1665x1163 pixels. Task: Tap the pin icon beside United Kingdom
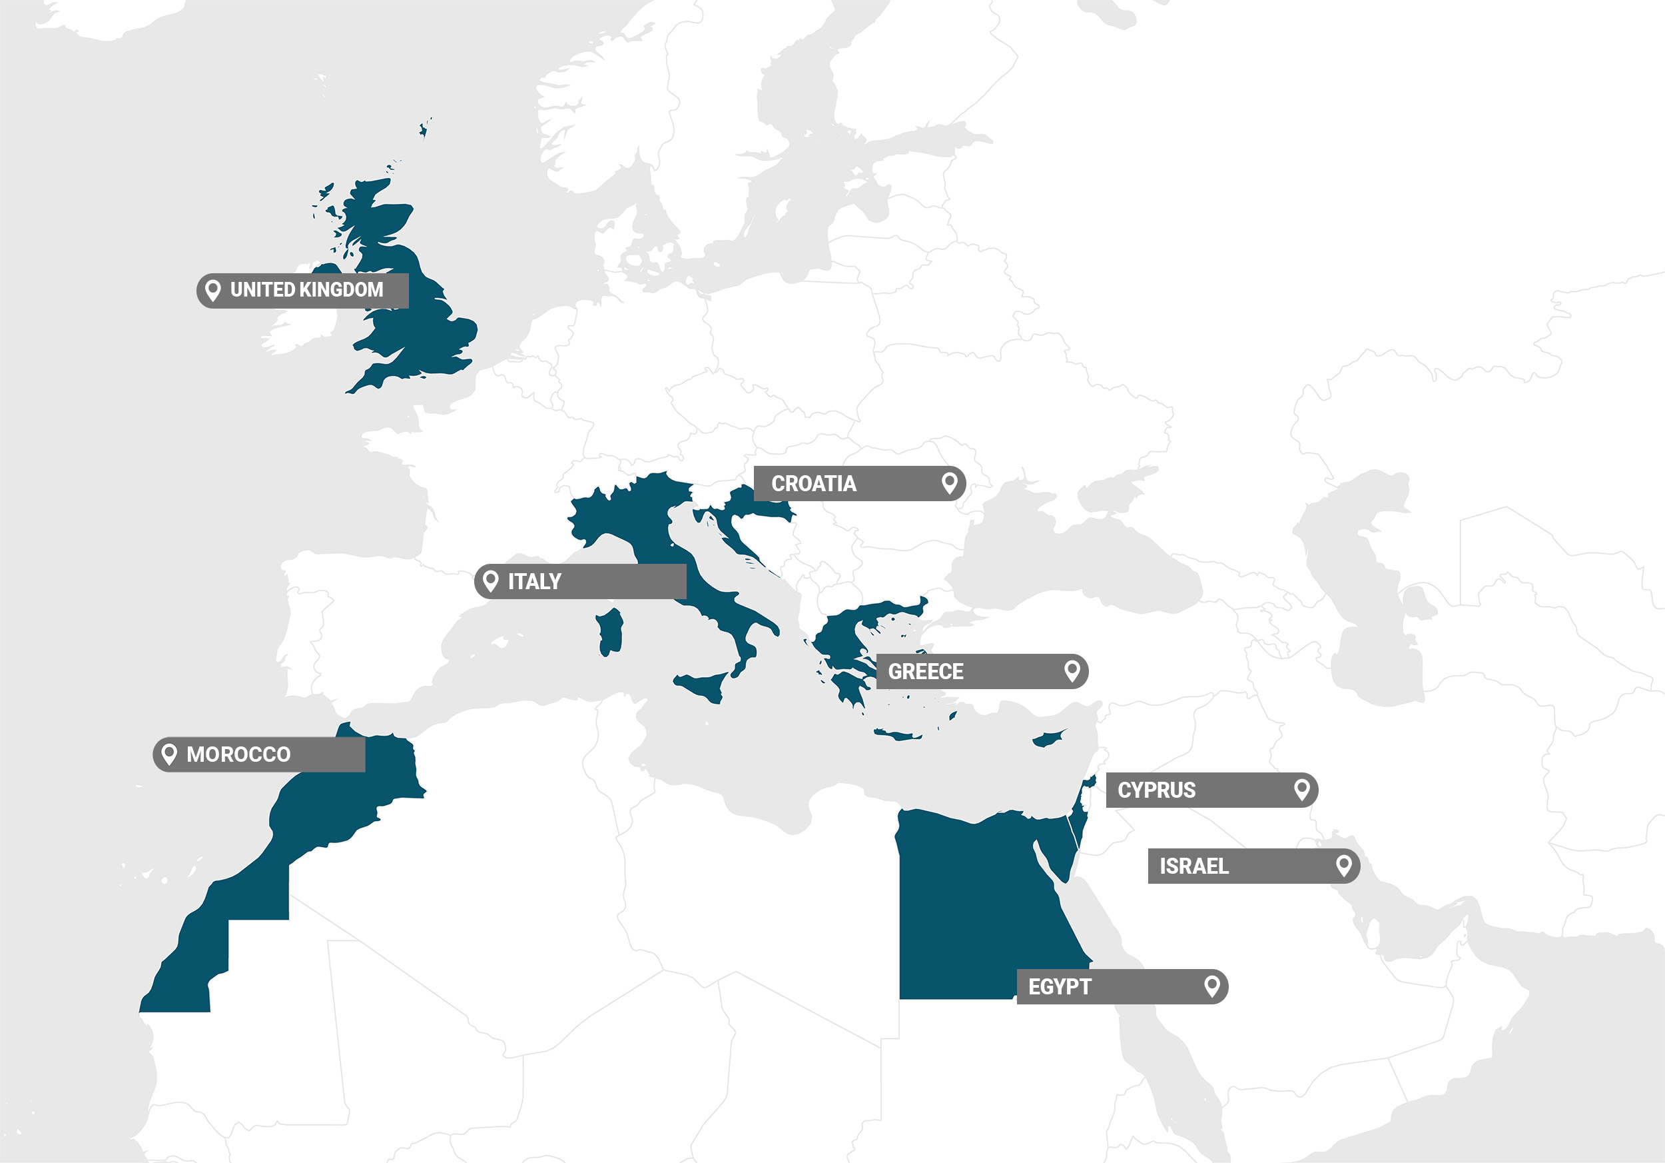[212, 290]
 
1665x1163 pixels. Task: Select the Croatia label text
[814, 484]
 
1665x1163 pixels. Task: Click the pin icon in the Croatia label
[949, 483]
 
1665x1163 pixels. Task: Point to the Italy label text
[534, 582]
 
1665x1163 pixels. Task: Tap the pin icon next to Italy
[491, 581]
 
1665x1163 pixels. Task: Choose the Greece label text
[926, 672]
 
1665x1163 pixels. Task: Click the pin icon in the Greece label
[1072, 670]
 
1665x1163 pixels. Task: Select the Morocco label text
[238, 755]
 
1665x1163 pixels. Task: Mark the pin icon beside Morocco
[169, 754]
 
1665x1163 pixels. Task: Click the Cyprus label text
[1157, 790]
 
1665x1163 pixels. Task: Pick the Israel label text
[1193, 866]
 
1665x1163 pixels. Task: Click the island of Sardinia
[610, 631]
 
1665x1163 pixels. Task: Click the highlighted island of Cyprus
[1048, 739]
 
